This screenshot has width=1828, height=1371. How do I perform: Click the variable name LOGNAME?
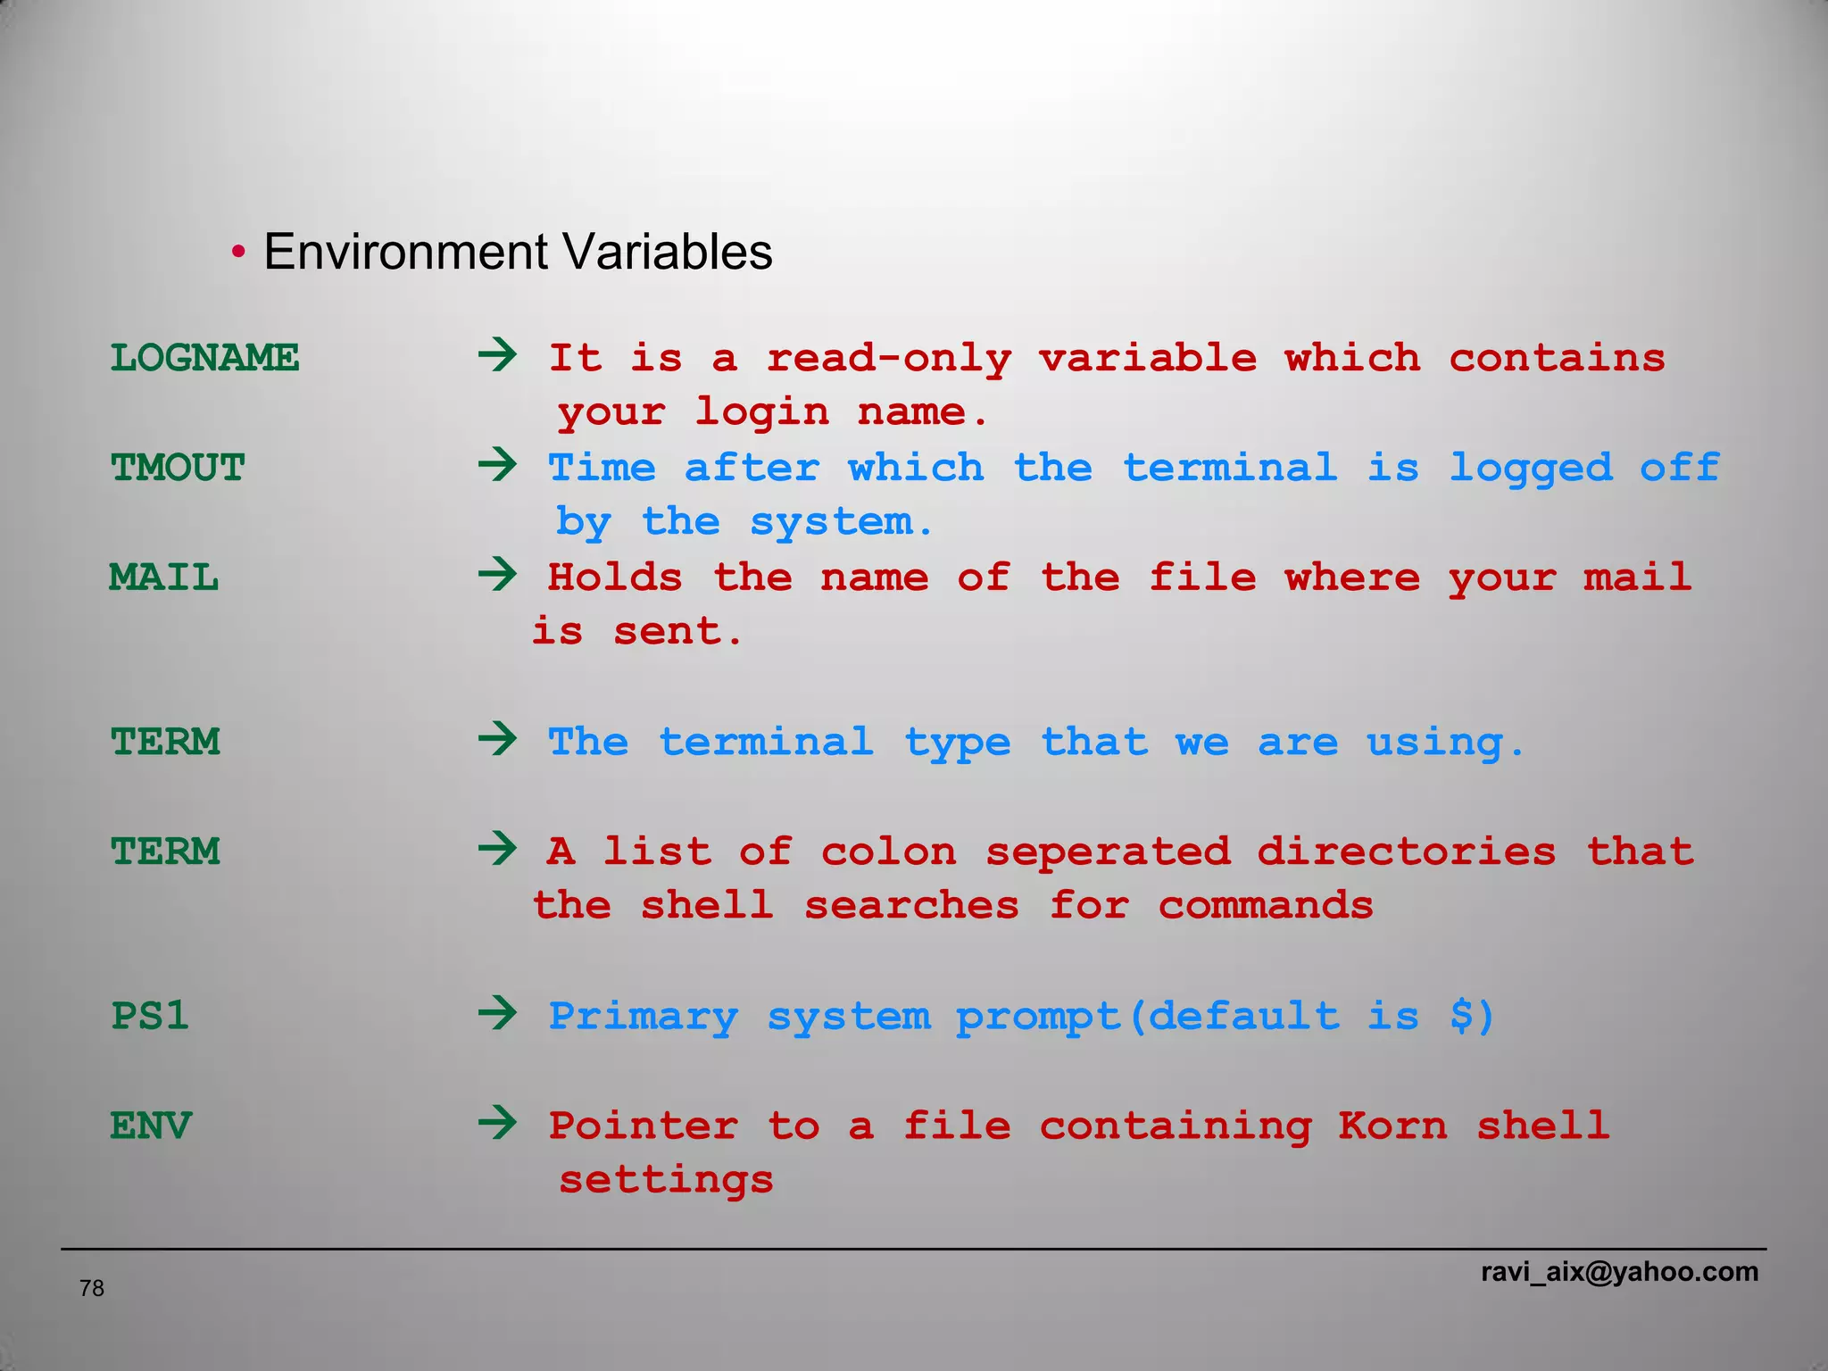click(204, 359)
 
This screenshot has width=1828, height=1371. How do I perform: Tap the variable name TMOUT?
click(178, 469)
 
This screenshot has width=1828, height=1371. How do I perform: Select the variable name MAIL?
click(164, 578)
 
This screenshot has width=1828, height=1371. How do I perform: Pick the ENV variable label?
click(151, 1126)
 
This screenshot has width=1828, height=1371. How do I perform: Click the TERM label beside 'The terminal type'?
click(165, 743)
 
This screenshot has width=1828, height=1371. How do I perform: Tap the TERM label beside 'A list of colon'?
click(165, 852)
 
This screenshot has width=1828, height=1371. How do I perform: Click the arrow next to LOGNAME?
click(497, 356)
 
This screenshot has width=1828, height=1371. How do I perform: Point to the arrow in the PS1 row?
click(497, 1014)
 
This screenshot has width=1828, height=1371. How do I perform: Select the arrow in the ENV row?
click(497, 1124)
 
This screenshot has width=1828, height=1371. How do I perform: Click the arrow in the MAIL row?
click(497, 576)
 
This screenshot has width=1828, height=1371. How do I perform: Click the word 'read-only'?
click(889, 359)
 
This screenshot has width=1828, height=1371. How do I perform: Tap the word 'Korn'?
click(1392, 1126)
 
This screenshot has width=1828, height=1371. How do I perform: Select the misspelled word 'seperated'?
click(1108, 852)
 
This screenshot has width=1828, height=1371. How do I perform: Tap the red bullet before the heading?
click(238, 253)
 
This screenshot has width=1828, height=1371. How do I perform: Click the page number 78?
click(92, 1288)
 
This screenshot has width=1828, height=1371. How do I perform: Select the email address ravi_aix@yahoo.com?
click(1619, 1272)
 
